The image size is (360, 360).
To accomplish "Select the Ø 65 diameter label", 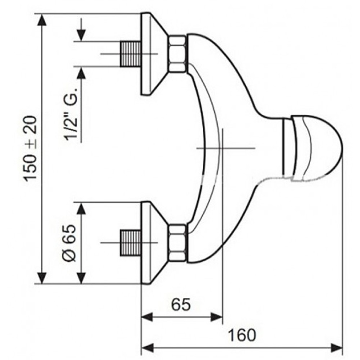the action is coord(69,243).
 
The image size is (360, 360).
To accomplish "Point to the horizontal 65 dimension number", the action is coord(181,305).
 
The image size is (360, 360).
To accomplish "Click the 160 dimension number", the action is coord(242,335).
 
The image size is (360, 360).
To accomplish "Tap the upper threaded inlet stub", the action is coord(130,54).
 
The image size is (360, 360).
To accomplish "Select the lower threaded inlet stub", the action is coord(130,243).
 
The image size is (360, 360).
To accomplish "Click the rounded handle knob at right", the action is coord(312,148).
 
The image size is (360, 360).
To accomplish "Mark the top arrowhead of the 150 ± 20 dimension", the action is coord(41,20).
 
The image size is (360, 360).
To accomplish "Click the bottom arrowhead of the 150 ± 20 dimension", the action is coord(41,278).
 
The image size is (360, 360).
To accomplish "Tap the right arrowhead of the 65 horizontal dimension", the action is coord(216,317).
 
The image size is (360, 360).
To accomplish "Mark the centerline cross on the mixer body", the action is coord(222,148).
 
